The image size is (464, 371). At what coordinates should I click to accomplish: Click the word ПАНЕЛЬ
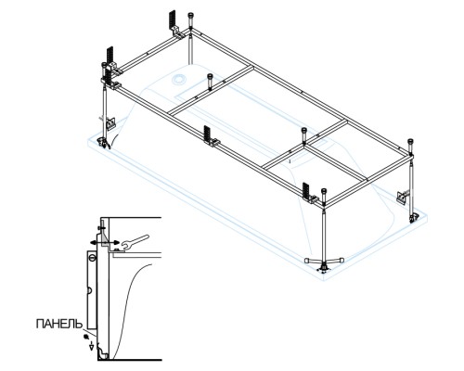point(59,324)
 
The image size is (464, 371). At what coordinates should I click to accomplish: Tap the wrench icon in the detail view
point(135,242)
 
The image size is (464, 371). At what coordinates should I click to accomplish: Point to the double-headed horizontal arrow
point(105,243)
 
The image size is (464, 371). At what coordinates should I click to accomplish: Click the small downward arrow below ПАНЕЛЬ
point(91,347)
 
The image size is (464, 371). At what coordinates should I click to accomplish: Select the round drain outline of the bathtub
point(179,79)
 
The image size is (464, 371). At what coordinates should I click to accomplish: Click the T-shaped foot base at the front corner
point(324,262)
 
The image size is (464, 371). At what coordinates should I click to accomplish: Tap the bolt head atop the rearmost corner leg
point(190,16)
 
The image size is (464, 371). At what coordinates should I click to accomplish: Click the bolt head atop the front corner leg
point(324,191)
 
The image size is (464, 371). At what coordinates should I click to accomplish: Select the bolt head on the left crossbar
point(211,76)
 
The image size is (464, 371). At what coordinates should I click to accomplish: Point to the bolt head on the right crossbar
point(304,131)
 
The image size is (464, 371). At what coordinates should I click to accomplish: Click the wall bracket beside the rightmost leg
point(403,197)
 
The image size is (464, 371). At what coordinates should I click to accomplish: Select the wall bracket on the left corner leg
point(110,123)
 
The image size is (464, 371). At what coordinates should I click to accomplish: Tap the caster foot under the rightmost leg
point(413,219)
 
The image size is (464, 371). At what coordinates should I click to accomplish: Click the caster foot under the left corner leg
point(102,143)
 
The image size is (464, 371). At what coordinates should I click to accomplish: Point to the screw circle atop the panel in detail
point(92,257)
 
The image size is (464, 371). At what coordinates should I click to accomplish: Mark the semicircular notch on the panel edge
point(88,290)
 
